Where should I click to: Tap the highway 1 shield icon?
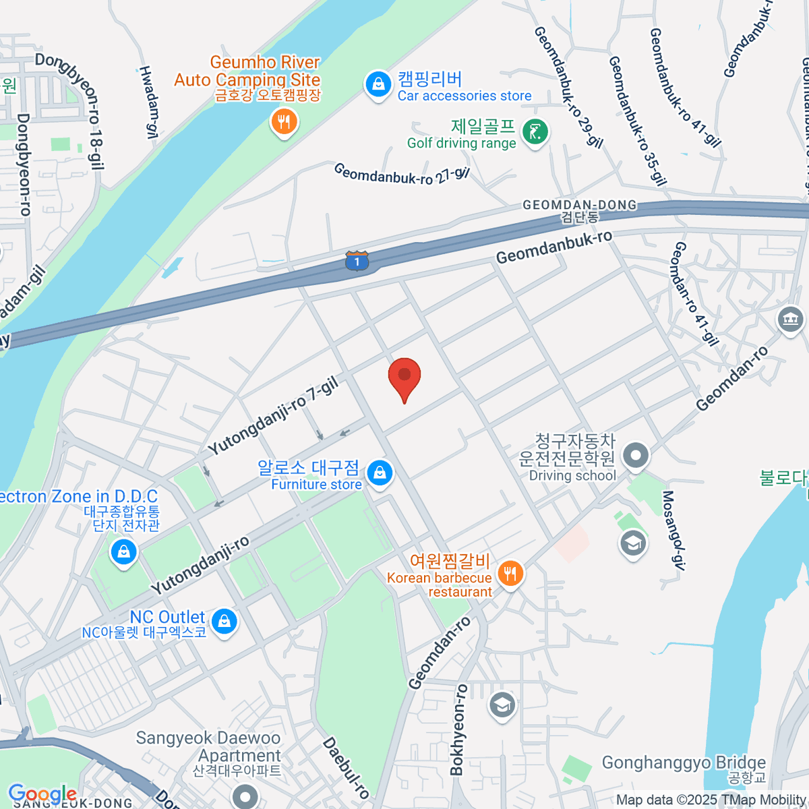[357, 261]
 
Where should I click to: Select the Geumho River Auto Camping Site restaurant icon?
[284, 123]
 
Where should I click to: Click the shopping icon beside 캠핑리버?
[378, 85]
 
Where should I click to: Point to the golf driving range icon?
[536, 132]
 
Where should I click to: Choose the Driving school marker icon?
[636, 456]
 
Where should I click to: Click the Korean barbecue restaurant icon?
[510, 574]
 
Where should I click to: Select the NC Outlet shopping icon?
[224, 621]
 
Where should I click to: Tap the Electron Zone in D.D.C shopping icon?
[123, 552]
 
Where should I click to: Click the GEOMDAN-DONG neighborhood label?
[580, 205]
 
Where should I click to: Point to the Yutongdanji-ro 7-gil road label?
[272, 416]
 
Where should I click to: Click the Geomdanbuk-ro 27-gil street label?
[402, 174]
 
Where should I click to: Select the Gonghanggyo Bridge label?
[684, 763]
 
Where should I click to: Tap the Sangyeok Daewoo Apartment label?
[208, 747]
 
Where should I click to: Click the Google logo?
[42, 794]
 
